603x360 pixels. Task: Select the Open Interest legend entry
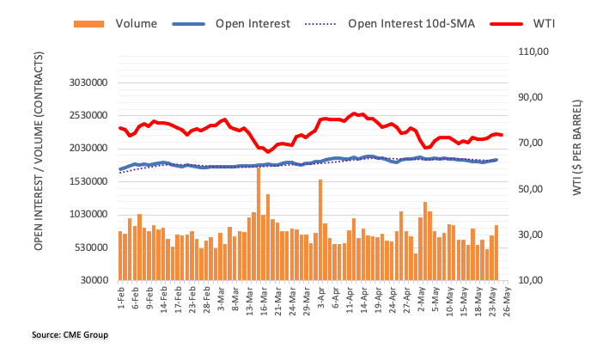click(266, 23)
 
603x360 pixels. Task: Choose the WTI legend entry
click(541, 23)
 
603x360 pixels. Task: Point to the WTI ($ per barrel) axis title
click(578, 150)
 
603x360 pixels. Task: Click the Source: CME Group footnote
click(64, 334)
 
